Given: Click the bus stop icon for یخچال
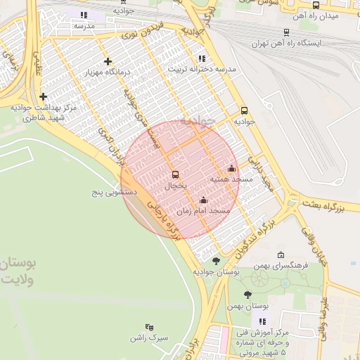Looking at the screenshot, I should coord(175,174).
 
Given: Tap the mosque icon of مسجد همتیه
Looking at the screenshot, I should coord(232,168).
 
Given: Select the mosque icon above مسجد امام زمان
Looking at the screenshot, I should coord(204,200).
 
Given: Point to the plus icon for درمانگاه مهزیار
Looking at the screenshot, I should coord(108,61).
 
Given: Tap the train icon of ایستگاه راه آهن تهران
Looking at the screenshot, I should coord(286,32).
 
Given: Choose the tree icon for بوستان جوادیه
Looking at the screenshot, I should coord(216,260).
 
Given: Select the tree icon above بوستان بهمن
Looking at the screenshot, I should coord(247,295).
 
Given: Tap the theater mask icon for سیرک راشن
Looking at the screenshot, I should coord(148,327).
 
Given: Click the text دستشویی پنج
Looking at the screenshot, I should coord(115,191).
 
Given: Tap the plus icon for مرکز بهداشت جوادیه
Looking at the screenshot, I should coord(44,96).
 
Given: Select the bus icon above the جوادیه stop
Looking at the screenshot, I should coord(245,110).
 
